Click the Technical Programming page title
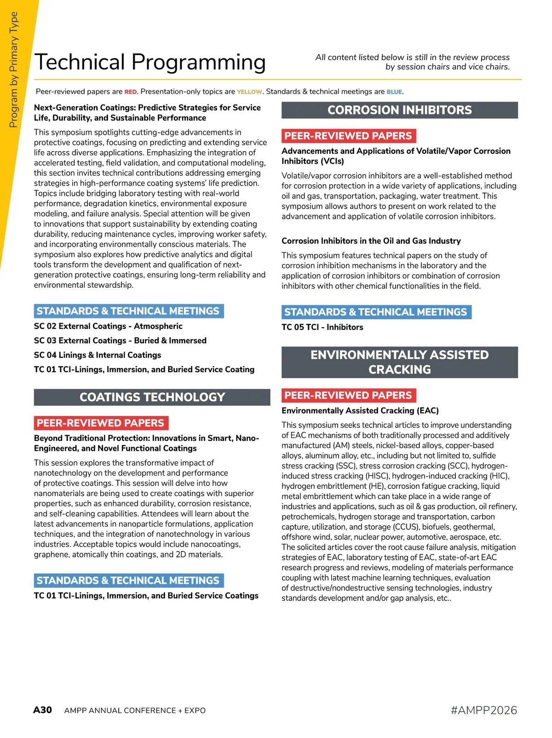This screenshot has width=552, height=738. (x=150, y=62)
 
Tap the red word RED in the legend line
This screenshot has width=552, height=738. (x=131, y=92)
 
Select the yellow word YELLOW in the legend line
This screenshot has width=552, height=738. (x=249, y=92)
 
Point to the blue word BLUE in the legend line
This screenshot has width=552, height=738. (x=394, y=92)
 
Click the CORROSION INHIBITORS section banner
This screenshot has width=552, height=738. (x=399, y=110)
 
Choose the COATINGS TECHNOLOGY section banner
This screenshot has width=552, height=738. (x=152, y=397)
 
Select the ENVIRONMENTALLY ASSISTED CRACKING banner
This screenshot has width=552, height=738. (x=399, y=362)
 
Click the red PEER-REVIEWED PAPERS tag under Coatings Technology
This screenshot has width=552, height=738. (x=101, y=423)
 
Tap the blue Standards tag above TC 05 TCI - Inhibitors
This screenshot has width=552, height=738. (x=376, y=312)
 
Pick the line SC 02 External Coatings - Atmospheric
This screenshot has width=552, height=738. (x=108, y=326)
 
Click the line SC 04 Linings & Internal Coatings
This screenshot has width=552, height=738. (x=98, y=355)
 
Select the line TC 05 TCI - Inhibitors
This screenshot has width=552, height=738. (x=322, y=327)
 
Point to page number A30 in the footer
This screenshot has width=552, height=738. (x=42, y=710)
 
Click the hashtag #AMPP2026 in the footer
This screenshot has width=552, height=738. (x=484, y=710)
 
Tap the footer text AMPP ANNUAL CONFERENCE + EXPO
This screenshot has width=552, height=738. (x=135, y=710)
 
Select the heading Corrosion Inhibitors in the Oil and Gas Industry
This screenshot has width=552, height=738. (x=371, y=241)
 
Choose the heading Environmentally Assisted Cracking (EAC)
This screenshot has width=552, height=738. (x=360, y=411)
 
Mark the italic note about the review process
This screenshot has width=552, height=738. (x=413, y=62)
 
